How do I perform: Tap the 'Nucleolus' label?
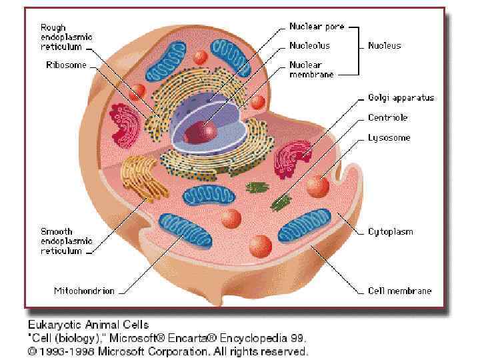tap(309, 46)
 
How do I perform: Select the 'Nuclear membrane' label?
tap(311, 69)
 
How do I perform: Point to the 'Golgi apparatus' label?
tap(401, 97)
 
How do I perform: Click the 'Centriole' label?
tap(387, 117)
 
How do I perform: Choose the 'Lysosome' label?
tap(389, 138)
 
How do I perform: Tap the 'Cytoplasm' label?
tap(390, 232)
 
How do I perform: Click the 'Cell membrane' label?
tap(399, 291)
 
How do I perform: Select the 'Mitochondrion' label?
tap(84, 291)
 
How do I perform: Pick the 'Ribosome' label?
tap(65, 65)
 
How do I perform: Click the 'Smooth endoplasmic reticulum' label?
tap(66, 241)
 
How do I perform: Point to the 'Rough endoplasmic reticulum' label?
tap(66, 37)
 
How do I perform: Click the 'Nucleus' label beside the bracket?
tap(385, 46)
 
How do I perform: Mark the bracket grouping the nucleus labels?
tap(358, 51)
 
